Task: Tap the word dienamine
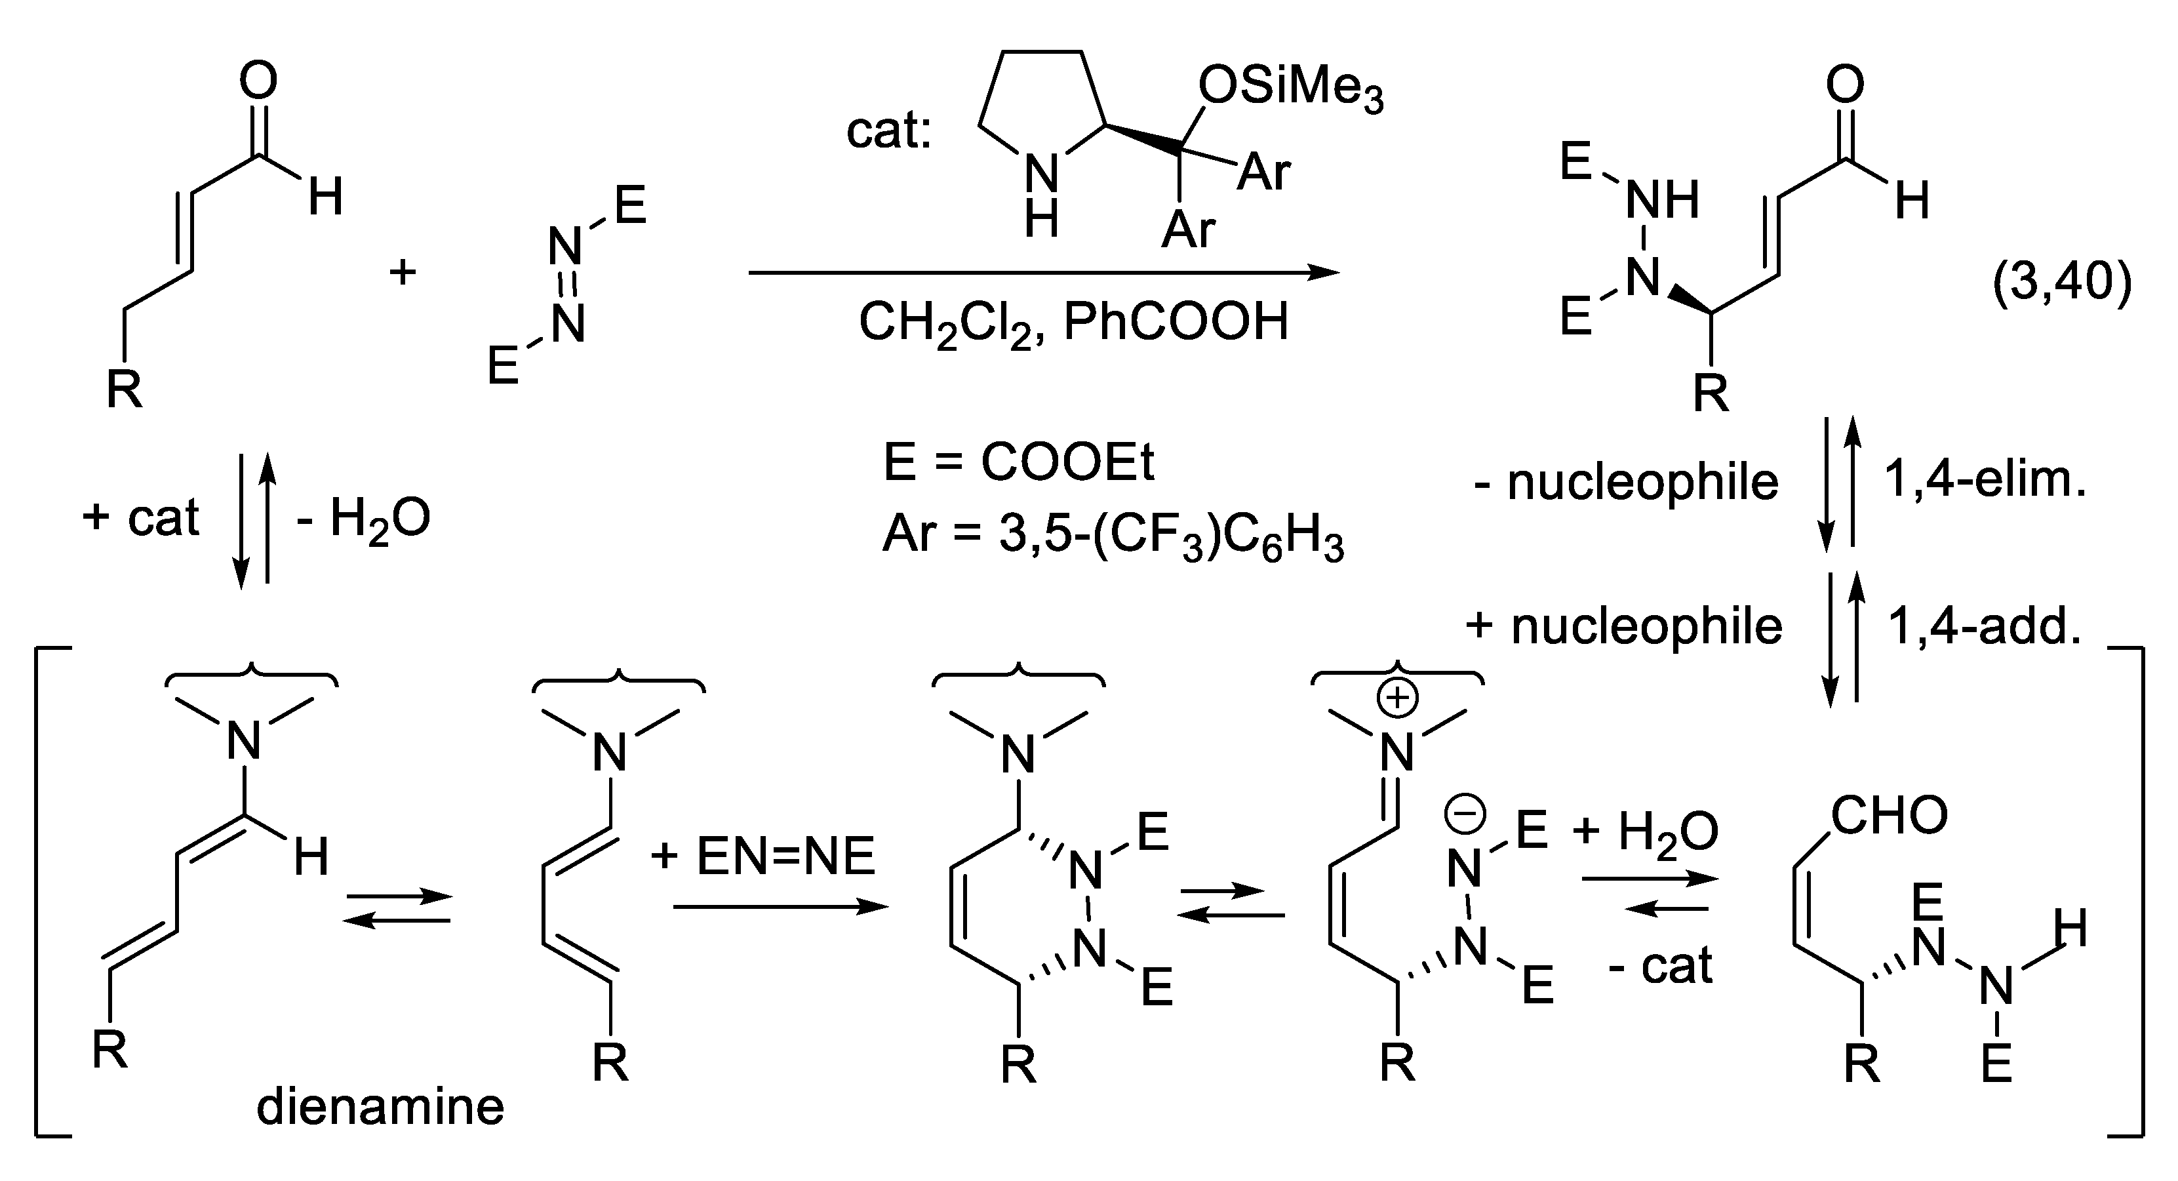[x=380, y=1107]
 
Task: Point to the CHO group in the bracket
[x=1890, y=816]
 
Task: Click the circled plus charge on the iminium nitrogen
[x=1398, y=698]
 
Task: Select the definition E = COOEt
[x=1018, y=462]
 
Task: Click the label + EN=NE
[x=762, y=856]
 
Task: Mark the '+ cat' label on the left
[x=140, y=517]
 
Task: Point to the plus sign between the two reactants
[x=403, y=272]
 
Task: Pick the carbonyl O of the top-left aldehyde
[x=258, y=81]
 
